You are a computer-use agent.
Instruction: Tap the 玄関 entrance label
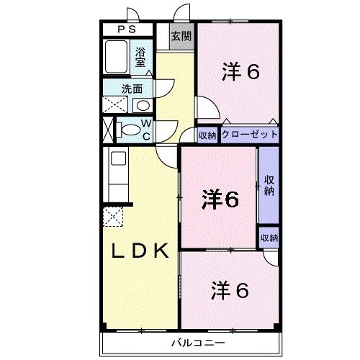point(181,36)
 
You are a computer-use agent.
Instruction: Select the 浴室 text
point(141,57)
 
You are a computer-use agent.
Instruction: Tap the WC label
point(145,130)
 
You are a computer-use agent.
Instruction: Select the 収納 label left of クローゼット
point(207,135)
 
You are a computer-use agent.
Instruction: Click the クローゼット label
point(248,135)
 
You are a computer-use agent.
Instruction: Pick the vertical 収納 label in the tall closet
point(269,185)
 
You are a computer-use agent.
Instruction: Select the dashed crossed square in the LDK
point(114,216)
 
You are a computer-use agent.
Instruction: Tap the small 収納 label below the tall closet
point(269,238)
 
